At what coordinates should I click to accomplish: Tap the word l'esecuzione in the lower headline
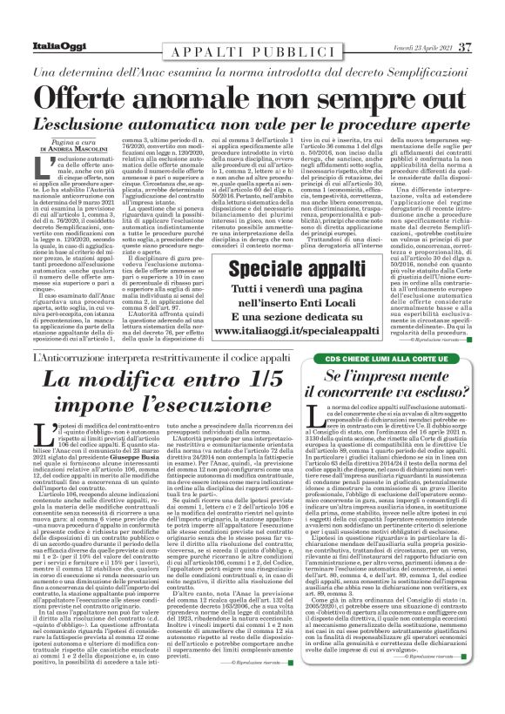tap(210, 410)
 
